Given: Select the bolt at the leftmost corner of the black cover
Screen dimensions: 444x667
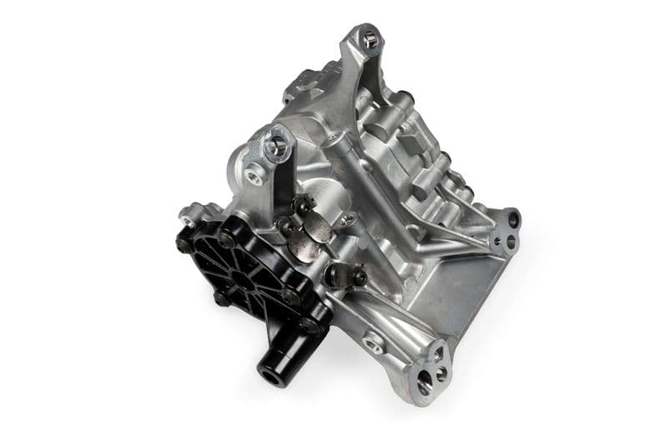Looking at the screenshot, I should point(182,243).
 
